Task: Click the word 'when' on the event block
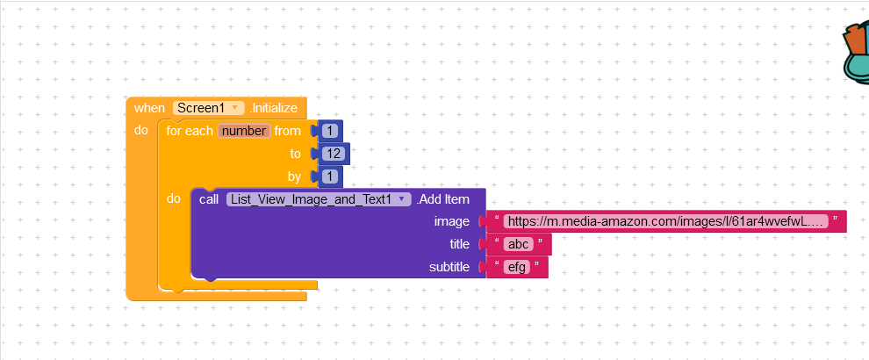point(149,108)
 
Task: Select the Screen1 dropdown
point(209,108)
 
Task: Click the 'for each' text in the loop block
point(190,131)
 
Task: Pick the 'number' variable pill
point(244,131)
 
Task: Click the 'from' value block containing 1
point(330,131)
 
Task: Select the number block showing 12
point(334,154)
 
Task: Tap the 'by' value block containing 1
point(330,176)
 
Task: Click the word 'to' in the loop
point(296,154)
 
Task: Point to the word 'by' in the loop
point(294,176)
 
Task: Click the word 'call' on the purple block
point(209,199)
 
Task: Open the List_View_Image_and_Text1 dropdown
point(318,199)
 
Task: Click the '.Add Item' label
point(443,199)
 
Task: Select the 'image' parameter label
point(452,222)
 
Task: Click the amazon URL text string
point(666,222)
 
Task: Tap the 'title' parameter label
point(459,244)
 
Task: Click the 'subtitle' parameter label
point(449,267)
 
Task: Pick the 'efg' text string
point(516,267)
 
